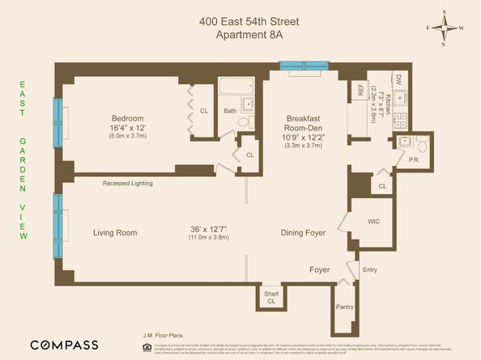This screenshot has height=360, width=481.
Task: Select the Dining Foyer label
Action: [303, 233]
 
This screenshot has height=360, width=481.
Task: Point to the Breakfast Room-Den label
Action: [304, 124]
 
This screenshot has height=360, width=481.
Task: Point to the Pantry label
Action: [346, 307]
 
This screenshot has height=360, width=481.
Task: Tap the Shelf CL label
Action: [270, 299]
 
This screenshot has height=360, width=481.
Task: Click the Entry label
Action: [370, 269]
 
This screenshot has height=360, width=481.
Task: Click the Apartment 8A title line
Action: [240, 34]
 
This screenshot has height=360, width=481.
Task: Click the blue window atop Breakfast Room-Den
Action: [304, 64]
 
